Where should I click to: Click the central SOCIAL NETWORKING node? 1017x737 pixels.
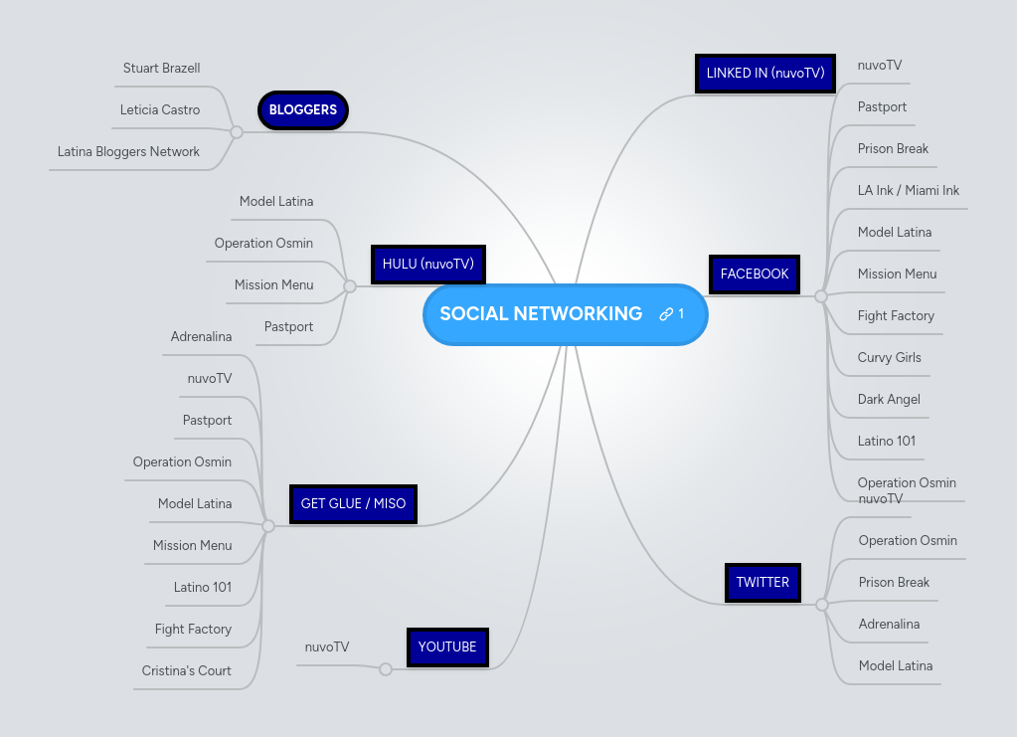point(542,314)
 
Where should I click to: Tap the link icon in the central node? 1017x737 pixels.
point(666,314)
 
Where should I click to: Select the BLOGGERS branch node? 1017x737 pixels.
point(303,110)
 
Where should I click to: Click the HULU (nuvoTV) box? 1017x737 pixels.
point(428,265)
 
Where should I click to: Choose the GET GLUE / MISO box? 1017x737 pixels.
point(353,503)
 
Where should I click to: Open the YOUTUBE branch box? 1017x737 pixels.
point(447,646)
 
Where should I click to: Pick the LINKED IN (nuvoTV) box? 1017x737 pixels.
point(764,74)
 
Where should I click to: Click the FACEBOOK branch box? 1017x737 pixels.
point(755,275)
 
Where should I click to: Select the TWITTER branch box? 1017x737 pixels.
point(763,583)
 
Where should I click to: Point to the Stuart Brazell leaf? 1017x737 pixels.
point(161,69)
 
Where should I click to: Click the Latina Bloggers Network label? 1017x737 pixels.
point(128,152)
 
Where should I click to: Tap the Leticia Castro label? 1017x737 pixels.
point(160,110)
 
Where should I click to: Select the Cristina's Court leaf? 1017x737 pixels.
point(186,671)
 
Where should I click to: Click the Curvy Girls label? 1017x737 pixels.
point(889,358)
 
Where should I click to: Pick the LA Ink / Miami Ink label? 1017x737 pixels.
point(908,191)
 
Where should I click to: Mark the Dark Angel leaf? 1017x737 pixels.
point(889,400)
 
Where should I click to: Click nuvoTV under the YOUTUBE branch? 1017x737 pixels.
point(327,647)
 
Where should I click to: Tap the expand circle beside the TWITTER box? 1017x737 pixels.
point(821,605)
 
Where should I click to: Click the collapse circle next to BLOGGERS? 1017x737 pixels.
point(236,131)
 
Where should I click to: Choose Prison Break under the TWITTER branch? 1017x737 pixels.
point(894,583)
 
